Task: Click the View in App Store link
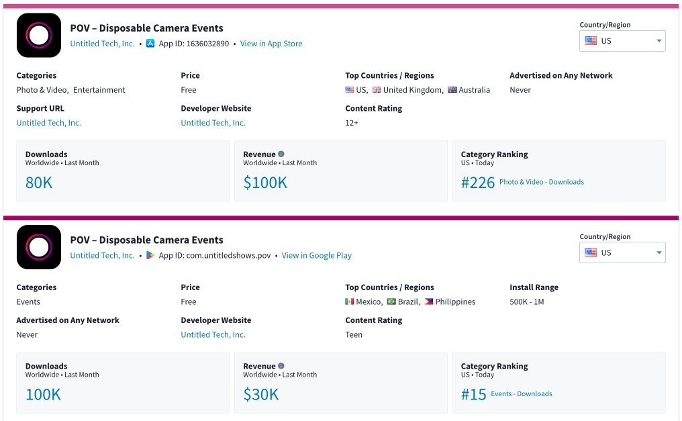tap(271, 44)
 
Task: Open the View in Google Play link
tap(316, 256)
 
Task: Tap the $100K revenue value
tap(265, 183)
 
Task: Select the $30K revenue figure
tap(260, 395)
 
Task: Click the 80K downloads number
tap(39, 183)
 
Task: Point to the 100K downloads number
tap(43, 395)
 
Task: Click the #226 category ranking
tap(478, 183)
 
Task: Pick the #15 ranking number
tap(473, 395)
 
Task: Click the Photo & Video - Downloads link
tap(541, 182)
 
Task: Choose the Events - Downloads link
tap(521, 394)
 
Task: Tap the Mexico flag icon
tap(350, 302)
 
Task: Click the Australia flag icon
tap(452, 90)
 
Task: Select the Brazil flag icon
tap(391, 302)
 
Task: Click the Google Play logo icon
tap(150, 256)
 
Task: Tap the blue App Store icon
tap(150, 44)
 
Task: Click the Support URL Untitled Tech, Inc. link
tap(48, 123)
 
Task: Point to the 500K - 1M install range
tap(526, 302)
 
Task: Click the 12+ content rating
tap(352, 123)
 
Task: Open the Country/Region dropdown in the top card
tap(622, 41)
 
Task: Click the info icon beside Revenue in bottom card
tap(281, 366)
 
